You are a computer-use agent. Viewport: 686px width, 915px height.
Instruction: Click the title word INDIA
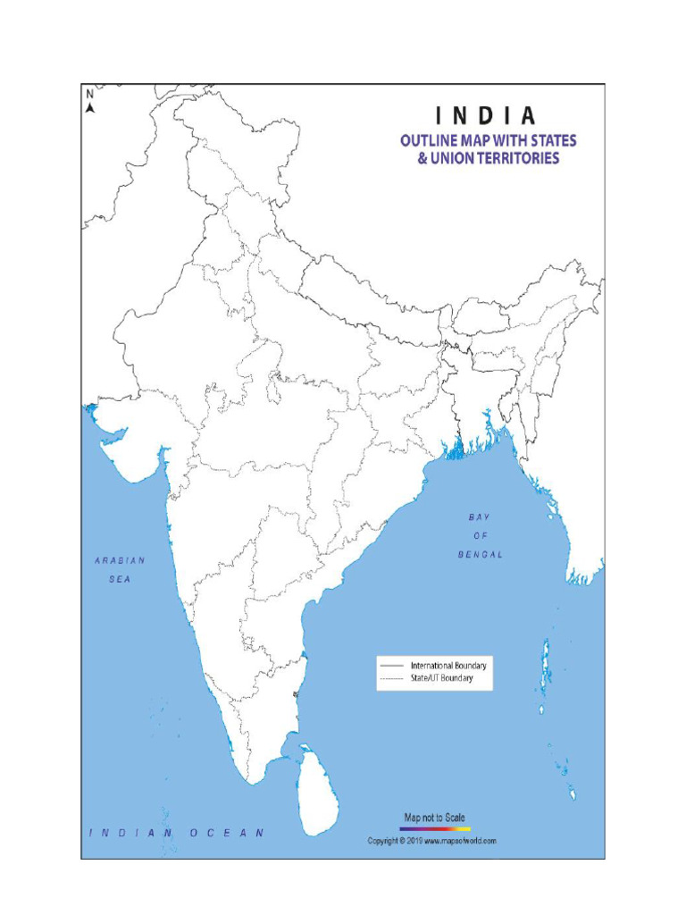[x=487, y=116]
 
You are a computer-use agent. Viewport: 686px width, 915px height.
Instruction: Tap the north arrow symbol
[x=90, y=108]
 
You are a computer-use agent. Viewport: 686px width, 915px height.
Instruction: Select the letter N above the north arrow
[x=89, y=94]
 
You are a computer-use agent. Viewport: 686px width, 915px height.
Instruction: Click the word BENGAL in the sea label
[x=481, y=554]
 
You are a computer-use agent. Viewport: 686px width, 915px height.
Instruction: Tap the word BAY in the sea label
[x=480, y=517]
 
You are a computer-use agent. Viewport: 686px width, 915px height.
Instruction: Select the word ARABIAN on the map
[x=120, y=560]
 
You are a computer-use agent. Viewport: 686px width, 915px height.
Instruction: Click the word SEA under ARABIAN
[x=120, y=579]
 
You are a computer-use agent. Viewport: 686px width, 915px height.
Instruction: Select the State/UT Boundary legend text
[x=441, y=679]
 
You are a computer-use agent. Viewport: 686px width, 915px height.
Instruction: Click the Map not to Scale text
[x=435, y=818]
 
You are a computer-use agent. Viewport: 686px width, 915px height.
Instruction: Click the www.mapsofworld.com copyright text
[x=460, y=841]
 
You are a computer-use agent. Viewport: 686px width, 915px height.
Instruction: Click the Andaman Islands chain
[x=546, y=666]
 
